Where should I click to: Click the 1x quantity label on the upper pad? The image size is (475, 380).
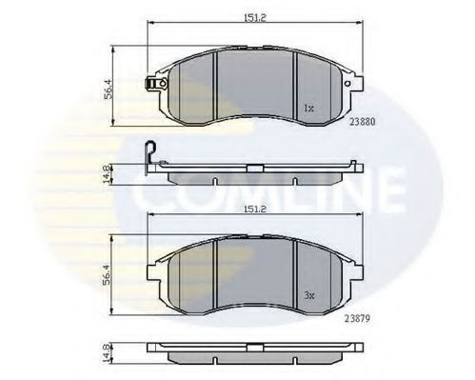(x=308, y=107)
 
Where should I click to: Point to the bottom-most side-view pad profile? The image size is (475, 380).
(x=255, y=359)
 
